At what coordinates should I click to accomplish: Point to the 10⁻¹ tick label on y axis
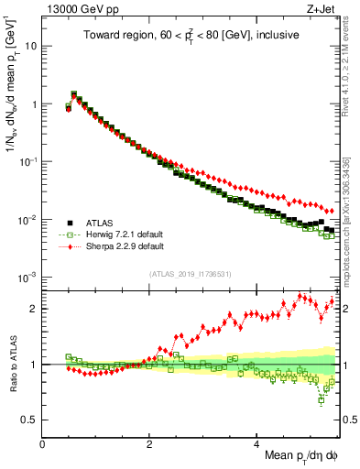[x=28, y=161]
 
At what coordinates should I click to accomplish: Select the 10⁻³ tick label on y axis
[x=28, y=278]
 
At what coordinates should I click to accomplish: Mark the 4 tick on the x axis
[x=256, y=444]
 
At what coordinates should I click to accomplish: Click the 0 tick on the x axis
[x=43, y=444]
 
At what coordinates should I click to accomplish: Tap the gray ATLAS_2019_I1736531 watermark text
[x=191, y=274]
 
